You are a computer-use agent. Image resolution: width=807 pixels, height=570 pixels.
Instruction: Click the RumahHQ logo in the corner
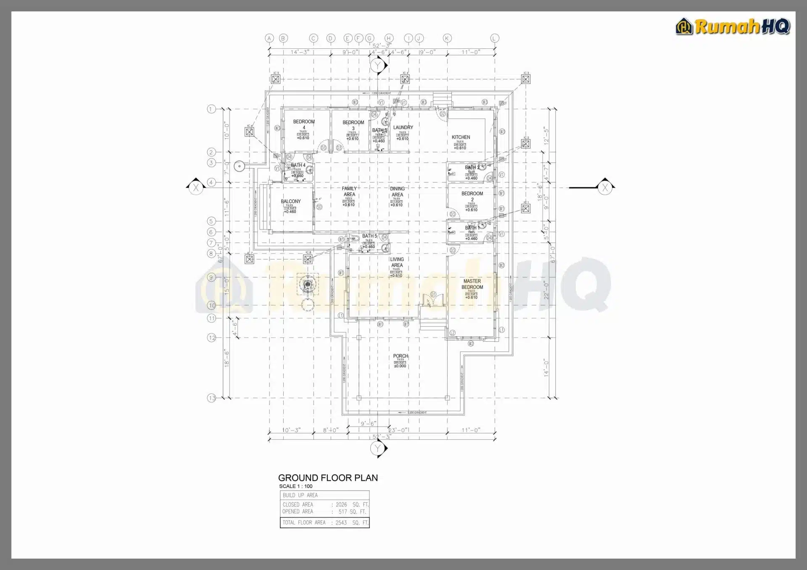733,26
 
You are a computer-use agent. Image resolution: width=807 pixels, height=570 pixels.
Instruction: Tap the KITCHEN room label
461,137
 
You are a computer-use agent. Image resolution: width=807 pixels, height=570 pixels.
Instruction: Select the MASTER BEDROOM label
472,284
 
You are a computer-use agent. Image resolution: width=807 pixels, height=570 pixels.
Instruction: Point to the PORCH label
400,356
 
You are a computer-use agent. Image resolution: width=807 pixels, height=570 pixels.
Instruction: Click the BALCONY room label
290,201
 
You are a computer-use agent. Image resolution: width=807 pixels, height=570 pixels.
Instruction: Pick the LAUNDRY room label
403,127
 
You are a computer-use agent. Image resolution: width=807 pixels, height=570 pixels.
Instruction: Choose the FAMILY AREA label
349,191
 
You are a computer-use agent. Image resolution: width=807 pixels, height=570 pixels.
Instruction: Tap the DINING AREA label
397,191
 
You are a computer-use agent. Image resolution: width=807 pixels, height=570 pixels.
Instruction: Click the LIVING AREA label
397,262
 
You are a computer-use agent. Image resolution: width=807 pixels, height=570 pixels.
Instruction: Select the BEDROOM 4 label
304,124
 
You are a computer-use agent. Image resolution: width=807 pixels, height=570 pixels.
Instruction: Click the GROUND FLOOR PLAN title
328,478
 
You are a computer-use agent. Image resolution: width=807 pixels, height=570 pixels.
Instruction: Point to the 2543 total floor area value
341,522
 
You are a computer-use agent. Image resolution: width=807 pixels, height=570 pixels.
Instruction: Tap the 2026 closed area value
341,504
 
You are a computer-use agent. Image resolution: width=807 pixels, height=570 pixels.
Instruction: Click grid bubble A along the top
269,38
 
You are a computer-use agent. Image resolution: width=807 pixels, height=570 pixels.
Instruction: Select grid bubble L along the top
494,38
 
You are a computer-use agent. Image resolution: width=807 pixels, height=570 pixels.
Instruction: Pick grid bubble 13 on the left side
211,398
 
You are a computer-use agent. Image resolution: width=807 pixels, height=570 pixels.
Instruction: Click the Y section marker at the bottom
377,449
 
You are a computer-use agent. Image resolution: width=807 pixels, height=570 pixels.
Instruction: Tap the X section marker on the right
605,187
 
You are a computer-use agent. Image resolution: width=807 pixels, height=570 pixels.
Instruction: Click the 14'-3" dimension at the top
300,52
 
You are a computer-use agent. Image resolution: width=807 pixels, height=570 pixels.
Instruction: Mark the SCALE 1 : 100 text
295,486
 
